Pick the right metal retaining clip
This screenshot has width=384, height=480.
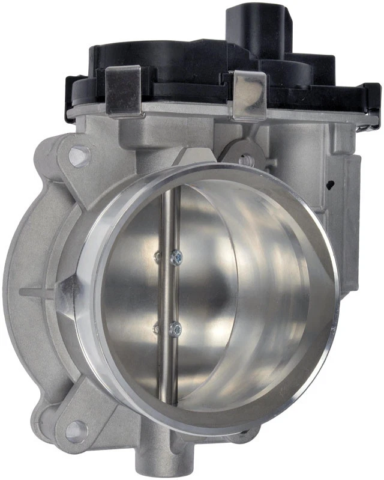tap(250, 95)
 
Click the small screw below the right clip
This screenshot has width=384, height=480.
tap(244, 160)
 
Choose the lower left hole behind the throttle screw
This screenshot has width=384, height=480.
tap(157, 328)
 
